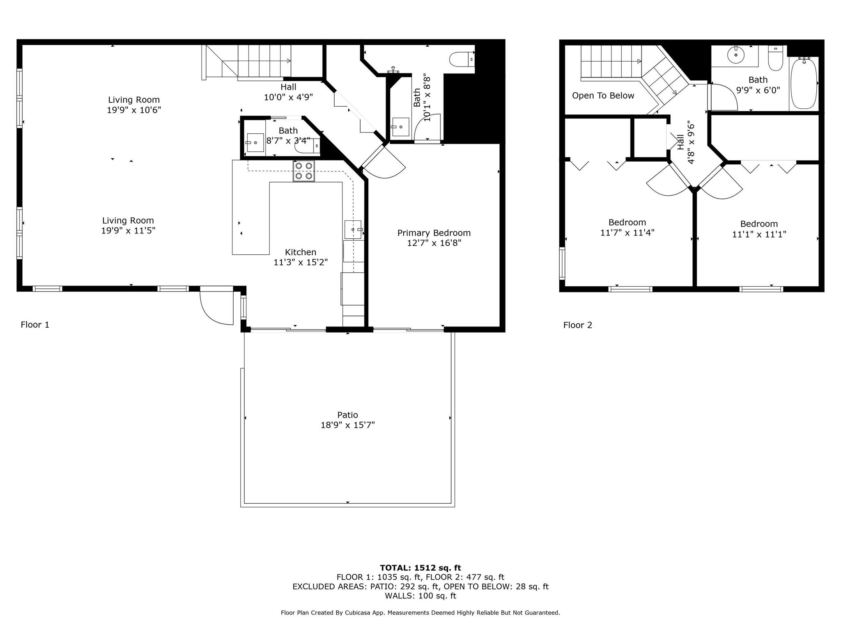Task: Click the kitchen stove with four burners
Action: (x=303, y=171)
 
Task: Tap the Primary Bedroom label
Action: (x=434, y=233)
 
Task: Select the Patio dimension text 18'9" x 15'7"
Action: (x=347, y=425)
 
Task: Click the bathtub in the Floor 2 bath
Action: (x=804, y=83)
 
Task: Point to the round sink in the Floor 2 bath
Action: (x=736, y=54)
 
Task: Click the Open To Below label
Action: (x=603, y=96)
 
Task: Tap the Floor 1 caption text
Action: (x=35, y=325)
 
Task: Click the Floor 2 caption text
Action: (x=577, y=325)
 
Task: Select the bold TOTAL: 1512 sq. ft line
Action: (x=420, y=568)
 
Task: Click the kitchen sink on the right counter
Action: (x=353, y=229)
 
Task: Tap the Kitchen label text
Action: (x=301, y=252)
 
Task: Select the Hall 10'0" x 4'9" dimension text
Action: (x=288, y=97)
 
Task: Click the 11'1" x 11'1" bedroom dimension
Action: (x=759, y=234)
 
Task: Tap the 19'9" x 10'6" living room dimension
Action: (x=134, y=110)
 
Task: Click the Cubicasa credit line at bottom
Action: (x=420, y=612)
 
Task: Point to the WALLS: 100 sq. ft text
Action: (x=420, y=596)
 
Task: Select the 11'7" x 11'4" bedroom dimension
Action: (x=627, y=233)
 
